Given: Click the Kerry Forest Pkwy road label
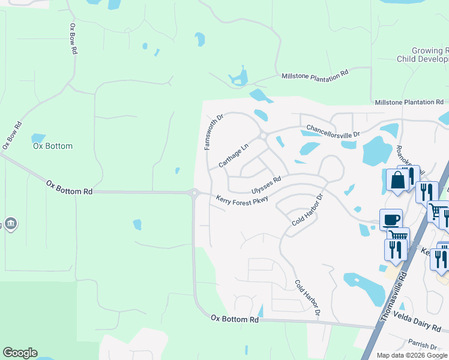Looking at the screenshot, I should [x=242, y=199].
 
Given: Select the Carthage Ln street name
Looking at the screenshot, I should [x=233, y=155].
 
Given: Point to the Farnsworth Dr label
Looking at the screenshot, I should [x=213, y=131].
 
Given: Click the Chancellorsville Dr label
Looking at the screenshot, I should [x=333, y=130].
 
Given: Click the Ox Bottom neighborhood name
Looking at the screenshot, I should [x=53, y=146].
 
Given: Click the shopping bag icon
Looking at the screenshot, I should [x=397, y=180].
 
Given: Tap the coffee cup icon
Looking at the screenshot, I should [x=391, y=219].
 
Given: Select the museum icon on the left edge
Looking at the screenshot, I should [x=10, y=224].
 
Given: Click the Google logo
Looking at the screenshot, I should [x=20, y=353].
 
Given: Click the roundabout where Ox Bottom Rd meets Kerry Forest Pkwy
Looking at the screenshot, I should [x=194, y=193].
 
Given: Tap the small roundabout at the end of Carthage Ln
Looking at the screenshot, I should [x=263, y=136].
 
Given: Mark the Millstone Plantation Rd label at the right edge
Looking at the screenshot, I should [x=409, y=103].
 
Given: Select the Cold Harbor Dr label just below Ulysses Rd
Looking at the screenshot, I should [x=308, y=209].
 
